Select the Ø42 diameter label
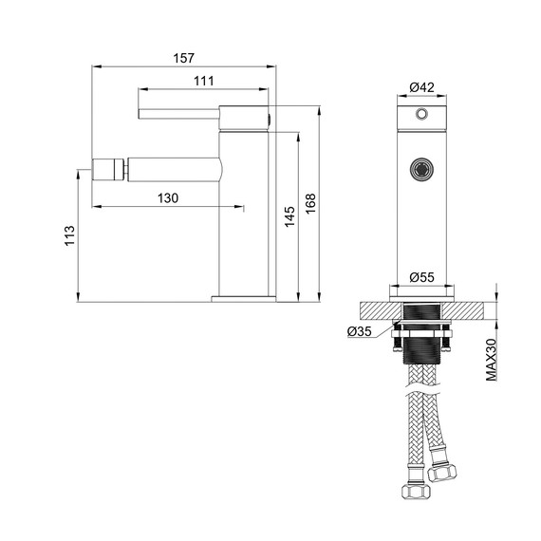(x=421, y=87)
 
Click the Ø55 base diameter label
(x=421, y=277)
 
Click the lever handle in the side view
(x=180, y=114)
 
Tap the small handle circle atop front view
(x=420, y=114)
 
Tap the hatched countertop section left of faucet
(x=376, y=310)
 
